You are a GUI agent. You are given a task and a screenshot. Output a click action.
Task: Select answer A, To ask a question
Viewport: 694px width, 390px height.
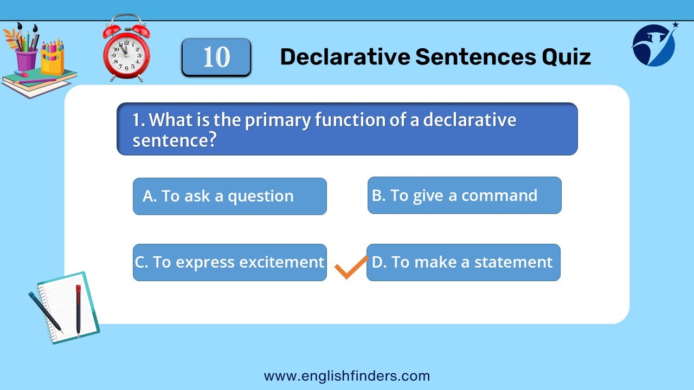[229, 196]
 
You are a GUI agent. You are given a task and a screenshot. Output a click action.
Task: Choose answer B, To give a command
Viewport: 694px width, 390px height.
[465, 196]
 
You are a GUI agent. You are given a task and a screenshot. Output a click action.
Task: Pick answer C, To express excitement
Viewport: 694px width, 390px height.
[229, 263]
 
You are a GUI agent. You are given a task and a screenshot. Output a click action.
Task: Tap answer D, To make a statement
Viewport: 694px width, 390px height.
[464, 263]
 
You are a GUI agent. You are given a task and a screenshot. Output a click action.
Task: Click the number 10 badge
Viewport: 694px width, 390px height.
[216, 57]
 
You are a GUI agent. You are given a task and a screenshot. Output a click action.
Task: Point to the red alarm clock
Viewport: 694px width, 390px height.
[126, 48]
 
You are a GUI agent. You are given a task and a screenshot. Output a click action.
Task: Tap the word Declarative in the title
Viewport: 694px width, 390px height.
[345, 57]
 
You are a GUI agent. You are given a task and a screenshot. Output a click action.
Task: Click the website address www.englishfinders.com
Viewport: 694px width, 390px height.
[346, 376]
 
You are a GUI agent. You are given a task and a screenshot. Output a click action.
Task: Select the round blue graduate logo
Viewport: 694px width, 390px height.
[653, 45]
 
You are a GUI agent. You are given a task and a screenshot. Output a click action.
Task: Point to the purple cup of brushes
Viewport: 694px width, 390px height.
[26, 58]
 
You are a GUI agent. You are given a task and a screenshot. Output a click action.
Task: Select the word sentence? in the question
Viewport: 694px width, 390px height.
[174, 140]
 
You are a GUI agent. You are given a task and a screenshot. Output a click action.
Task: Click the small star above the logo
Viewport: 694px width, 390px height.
[676, 24]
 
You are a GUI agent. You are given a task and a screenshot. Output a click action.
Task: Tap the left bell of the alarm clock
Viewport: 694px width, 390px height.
[112, 30]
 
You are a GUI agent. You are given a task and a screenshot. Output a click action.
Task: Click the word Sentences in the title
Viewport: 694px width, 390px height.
[475, 57]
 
